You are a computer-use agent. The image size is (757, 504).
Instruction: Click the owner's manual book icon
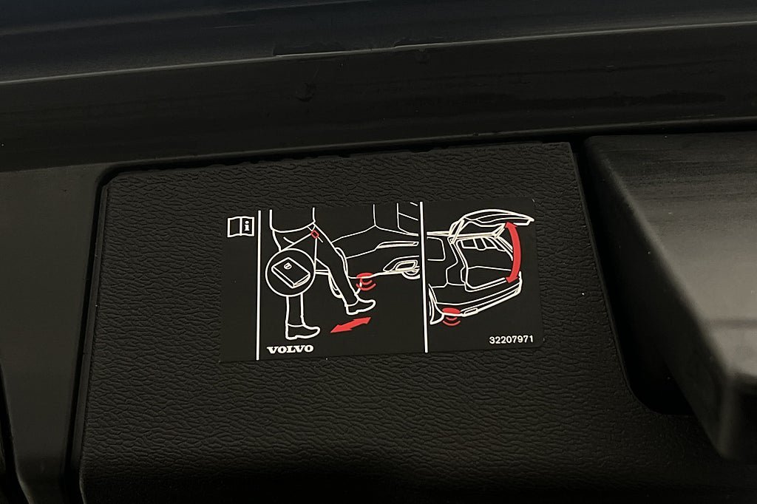point(241,226)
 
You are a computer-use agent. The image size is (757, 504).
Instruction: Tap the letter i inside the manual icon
point(248,225)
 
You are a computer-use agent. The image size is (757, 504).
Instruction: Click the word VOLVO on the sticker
point(290,348)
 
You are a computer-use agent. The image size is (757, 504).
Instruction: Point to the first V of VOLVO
point(271,348)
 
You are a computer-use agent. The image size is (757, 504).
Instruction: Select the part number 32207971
point(511,340)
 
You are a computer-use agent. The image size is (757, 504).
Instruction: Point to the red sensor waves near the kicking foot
point(364,281)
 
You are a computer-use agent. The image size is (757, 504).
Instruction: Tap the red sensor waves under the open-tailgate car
point(449,320)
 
